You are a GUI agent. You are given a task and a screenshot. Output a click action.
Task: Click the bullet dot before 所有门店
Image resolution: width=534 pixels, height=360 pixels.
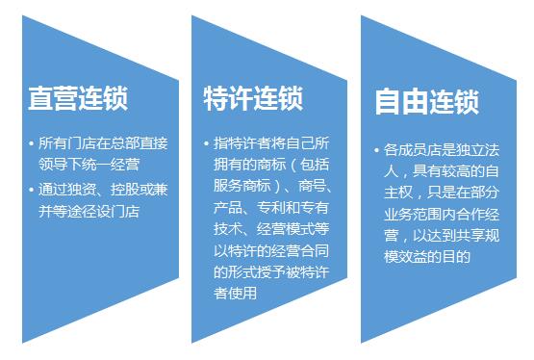click(x=32, y=143)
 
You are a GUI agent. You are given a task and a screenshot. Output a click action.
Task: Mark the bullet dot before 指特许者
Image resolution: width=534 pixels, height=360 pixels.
click(x=207, y=143)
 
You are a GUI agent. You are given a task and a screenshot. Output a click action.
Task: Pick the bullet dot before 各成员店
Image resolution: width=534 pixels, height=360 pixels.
click(x=376, y=151)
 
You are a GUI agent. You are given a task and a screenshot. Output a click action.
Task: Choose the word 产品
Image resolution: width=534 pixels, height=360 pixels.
click(x=228, y=207)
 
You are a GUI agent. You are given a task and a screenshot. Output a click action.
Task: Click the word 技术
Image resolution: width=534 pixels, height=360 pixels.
click(x=228, y=228)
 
